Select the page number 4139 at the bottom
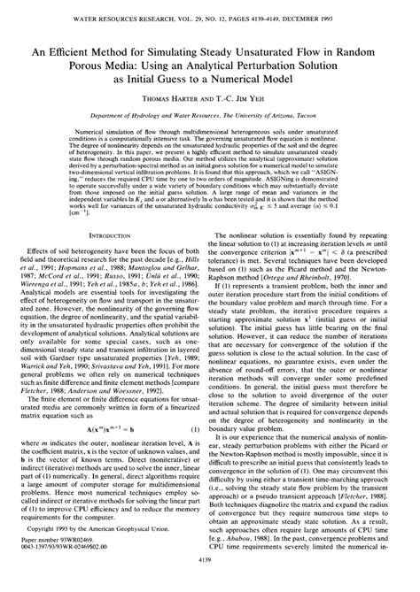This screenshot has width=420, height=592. [x=210, y=584]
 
